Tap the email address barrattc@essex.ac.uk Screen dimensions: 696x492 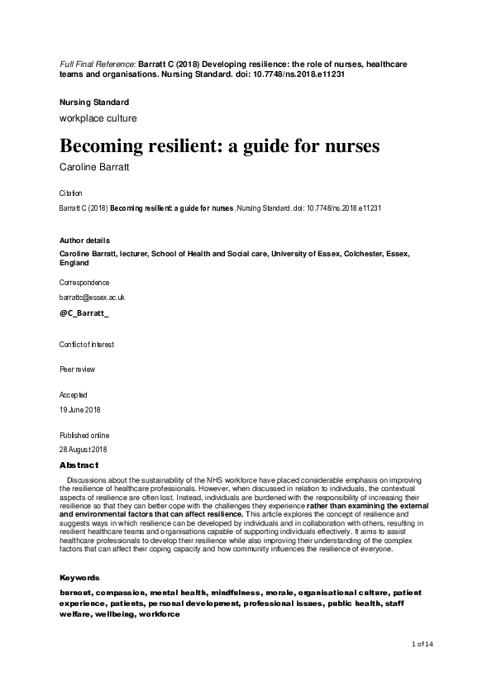[x=92, y=297]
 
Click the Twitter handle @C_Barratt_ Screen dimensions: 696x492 [x=84, y=315]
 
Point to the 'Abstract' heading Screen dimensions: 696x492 [x=79, y=465]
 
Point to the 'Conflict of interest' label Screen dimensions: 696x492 [x=87, y=344]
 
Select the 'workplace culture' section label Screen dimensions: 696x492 [x=98, y=118]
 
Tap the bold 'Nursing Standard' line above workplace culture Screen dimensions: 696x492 [x=94, y=102]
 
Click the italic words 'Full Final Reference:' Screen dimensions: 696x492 [x=98, y=64]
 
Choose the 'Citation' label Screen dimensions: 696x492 [x=71, y=193]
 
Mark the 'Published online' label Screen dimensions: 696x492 [x=84, y=435]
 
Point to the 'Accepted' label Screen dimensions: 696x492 [x=73, y=395]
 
